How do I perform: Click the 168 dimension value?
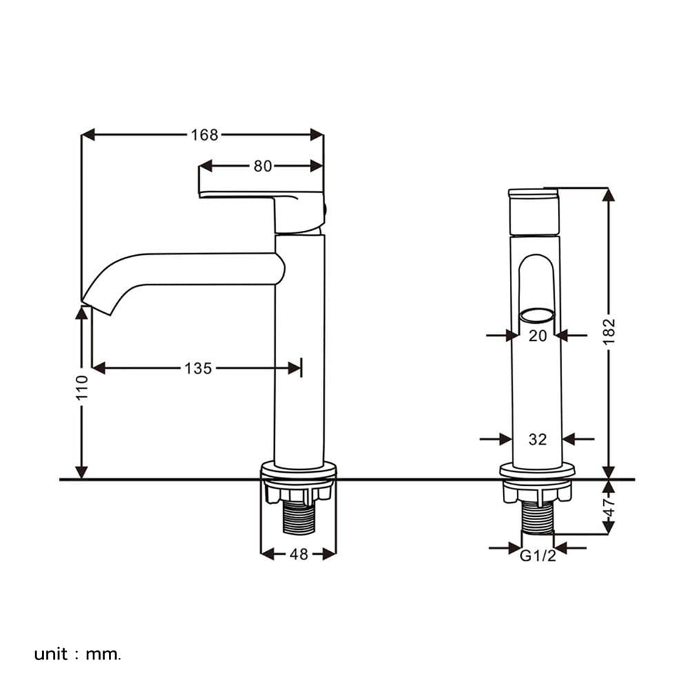(x=205, y=134)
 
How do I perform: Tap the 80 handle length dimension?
(x=263, y=166)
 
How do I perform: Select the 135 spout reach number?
(x=198, y=368)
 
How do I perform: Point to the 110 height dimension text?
(x=82, y=387)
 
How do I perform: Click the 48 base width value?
(x=299, y=554)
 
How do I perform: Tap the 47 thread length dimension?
(x=609, y=507)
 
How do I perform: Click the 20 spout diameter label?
(x=537, y=336)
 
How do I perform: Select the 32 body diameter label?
(x=537, y=439)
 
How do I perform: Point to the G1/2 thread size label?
(x=538, y=556)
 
